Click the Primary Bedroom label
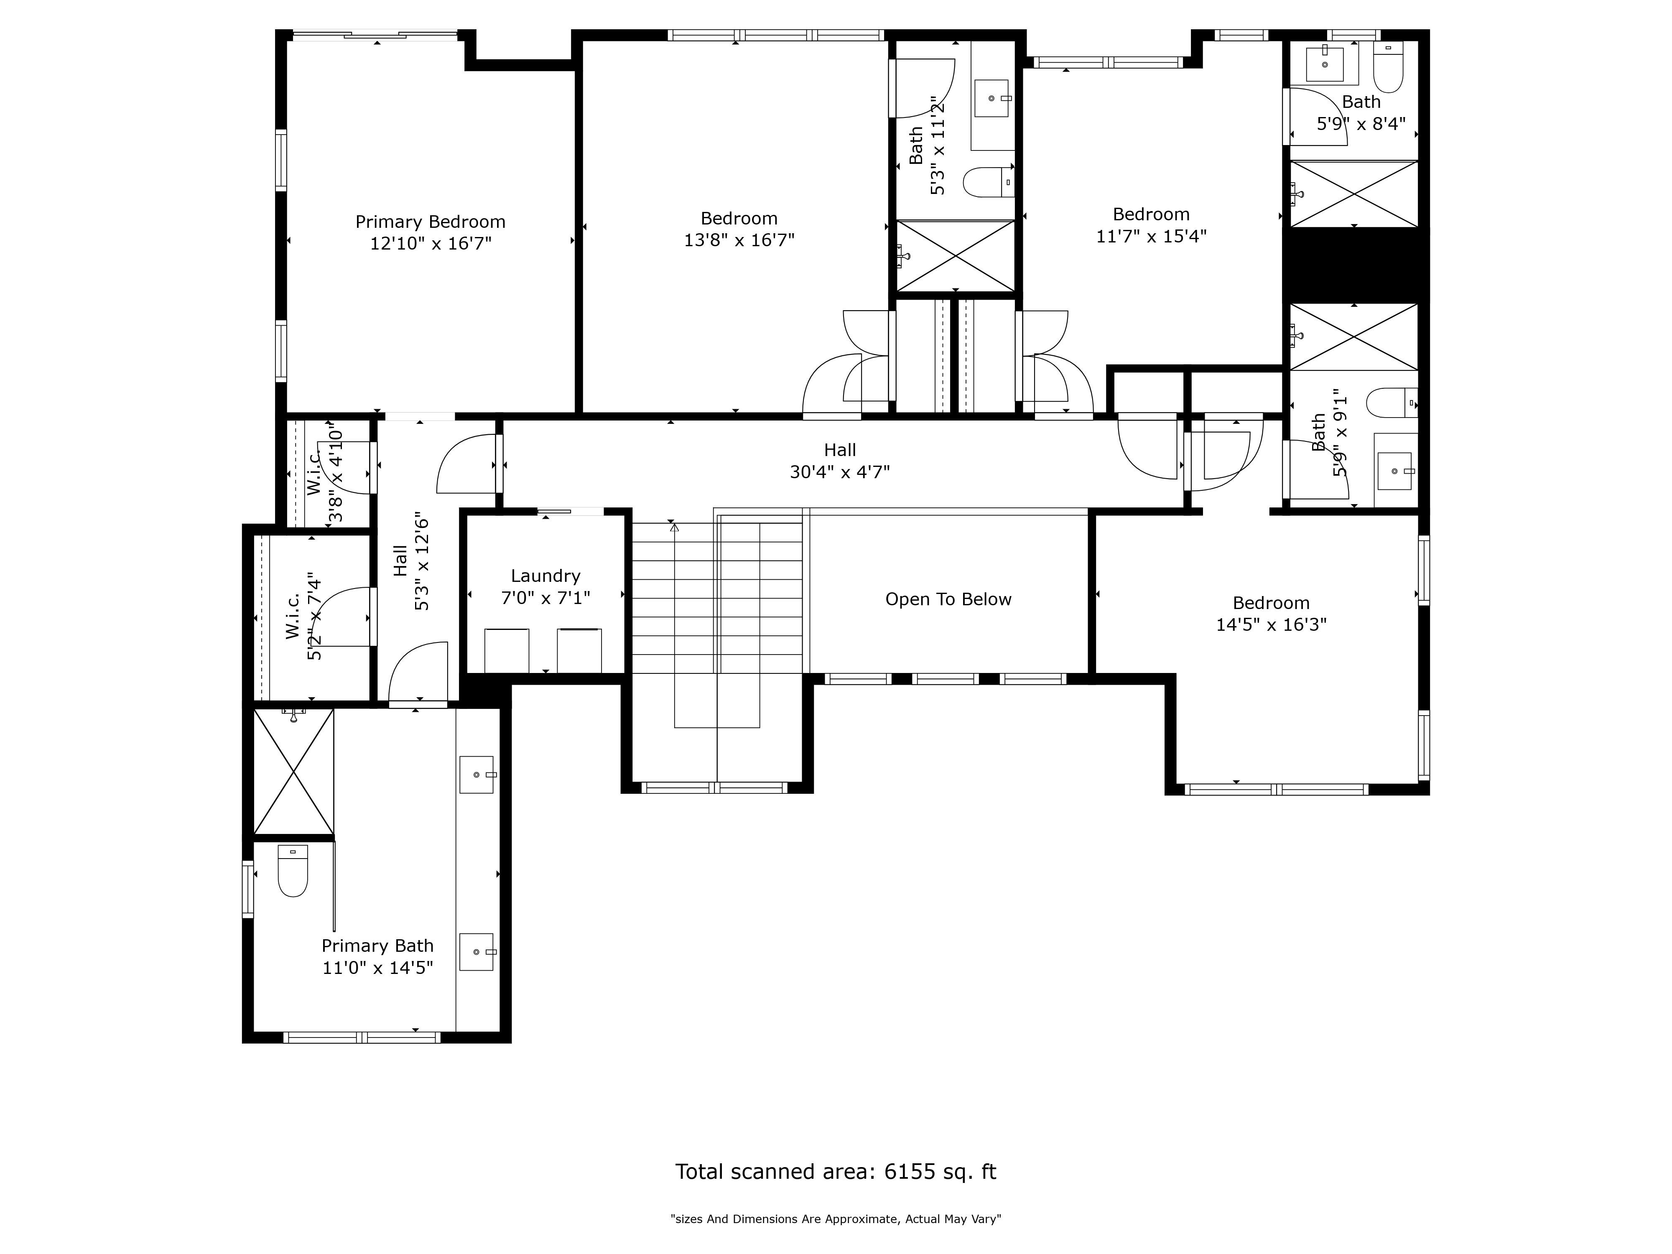click(x=430, y=222)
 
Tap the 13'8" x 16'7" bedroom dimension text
click(x=739, y=240)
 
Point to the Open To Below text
click(x=948, y=599)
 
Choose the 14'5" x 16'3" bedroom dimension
click(x=1272, y=625)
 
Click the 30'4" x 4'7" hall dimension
click(x=840, y=472)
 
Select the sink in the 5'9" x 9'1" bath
click(x=1394, y=471)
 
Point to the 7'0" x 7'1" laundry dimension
click(x=546, y=598)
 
